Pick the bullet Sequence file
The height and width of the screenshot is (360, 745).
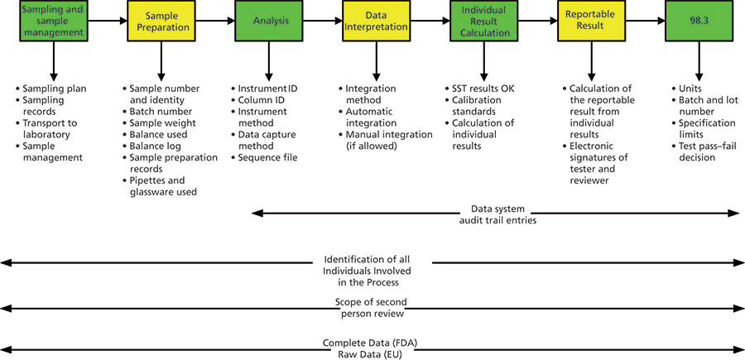(x=267, y=157)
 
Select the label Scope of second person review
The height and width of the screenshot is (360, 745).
(x=372, y=308)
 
